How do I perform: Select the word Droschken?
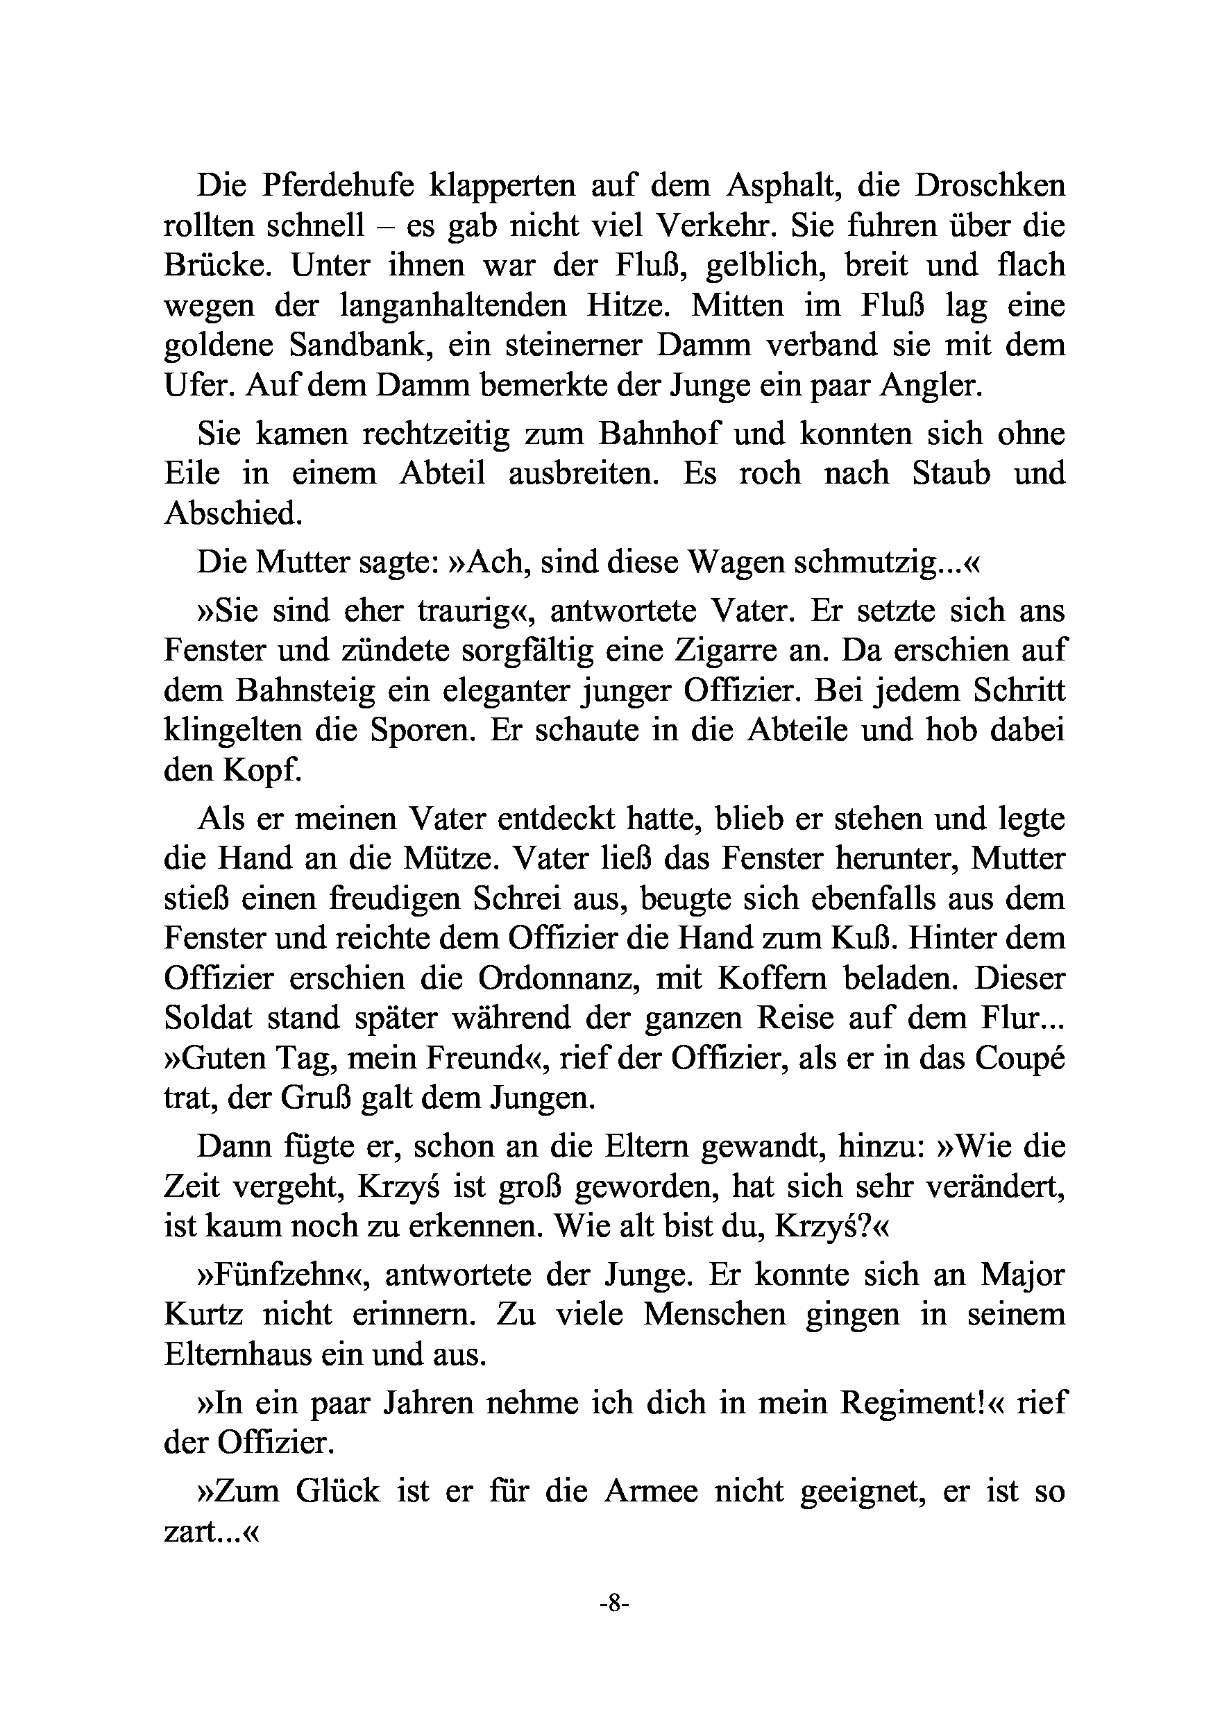[989, 186]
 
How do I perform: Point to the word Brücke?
[219, 266]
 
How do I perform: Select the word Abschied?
[233, 514]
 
